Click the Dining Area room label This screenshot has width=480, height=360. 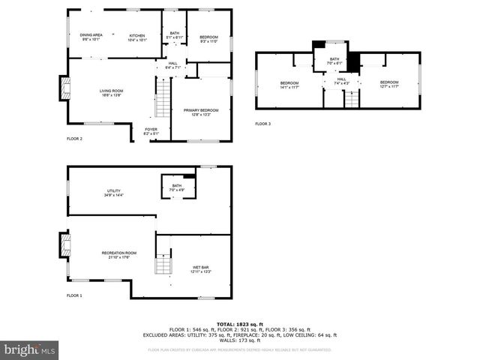[x=91, y=36]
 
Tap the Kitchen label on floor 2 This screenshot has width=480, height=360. [x=136, y=37]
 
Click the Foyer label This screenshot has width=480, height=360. [x=151, y=130]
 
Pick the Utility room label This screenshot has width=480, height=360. [x=113, y=193]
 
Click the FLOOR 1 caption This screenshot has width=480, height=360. [x=74, y=296]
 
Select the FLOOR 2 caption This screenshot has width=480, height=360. [x=74, y=139]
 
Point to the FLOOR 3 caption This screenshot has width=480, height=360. [x=262, y=123]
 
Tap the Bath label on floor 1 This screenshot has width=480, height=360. [x=177, y=187]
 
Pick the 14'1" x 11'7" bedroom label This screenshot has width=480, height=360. [x=289, y=85]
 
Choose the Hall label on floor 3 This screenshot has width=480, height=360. [x=341, y=80]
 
